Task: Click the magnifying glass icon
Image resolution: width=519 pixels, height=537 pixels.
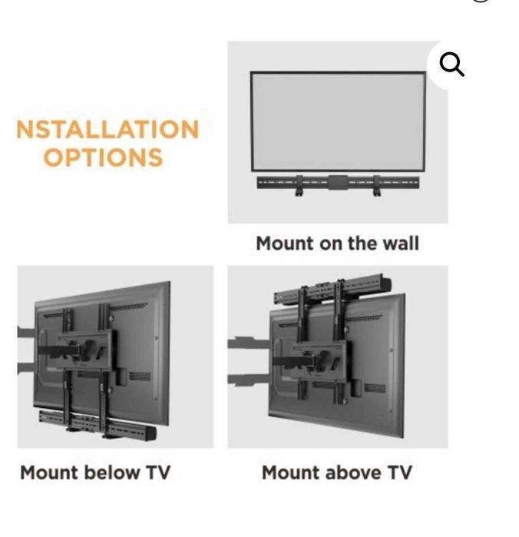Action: (451, 64)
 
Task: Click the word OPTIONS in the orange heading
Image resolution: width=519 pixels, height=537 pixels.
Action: (103, 157)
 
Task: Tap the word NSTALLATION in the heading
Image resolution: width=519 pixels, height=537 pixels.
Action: (107, 129)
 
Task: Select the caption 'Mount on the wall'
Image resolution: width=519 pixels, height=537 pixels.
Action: (338, 244)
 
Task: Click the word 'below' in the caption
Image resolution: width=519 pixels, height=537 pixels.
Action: (111, 472)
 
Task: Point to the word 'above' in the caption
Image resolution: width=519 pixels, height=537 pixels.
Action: (353, 472)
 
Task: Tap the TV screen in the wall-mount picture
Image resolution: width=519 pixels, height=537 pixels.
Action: (338, 121)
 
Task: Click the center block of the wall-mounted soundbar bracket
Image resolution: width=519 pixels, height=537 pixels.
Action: (338, 182)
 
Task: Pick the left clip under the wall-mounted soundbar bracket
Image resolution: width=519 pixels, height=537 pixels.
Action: (299, 187)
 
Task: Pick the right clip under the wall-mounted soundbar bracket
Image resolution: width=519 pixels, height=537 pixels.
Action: (377, 187)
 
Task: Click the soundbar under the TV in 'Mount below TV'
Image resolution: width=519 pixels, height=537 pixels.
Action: (98, 425)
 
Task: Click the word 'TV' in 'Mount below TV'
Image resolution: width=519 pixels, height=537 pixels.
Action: (158, 472)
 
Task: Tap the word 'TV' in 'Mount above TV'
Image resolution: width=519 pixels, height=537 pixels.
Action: (399, 472)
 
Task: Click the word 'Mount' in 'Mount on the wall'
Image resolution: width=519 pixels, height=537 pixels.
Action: (285, 244)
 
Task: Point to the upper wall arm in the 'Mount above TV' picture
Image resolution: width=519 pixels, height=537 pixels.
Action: (250, 343)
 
